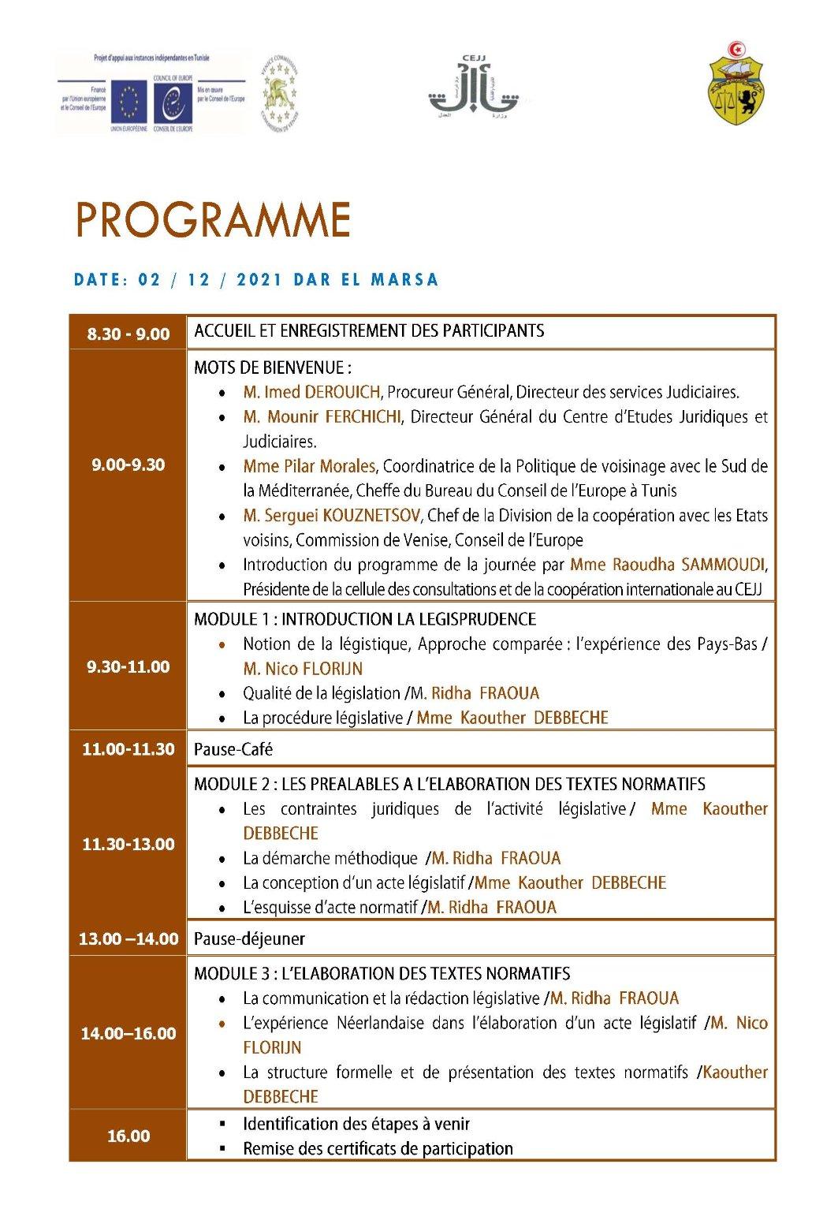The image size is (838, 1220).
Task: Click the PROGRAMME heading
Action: click(213, 220)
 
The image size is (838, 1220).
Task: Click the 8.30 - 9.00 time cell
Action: click(128, 334)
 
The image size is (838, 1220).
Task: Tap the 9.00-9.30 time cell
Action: click(128, 465)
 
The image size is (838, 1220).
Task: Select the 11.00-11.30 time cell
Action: click(128, 749)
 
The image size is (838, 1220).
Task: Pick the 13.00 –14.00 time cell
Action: click(128, 938)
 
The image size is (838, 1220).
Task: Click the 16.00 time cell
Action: click(128, 1136)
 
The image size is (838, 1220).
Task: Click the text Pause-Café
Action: click(233, 749)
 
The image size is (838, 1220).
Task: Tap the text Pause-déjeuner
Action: click(249, 938)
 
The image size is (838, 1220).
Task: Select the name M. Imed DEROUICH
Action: click(312, 392)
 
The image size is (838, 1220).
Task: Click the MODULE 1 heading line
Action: click(365, 619)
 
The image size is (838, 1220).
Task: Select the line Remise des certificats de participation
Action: click(378, 1148)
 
